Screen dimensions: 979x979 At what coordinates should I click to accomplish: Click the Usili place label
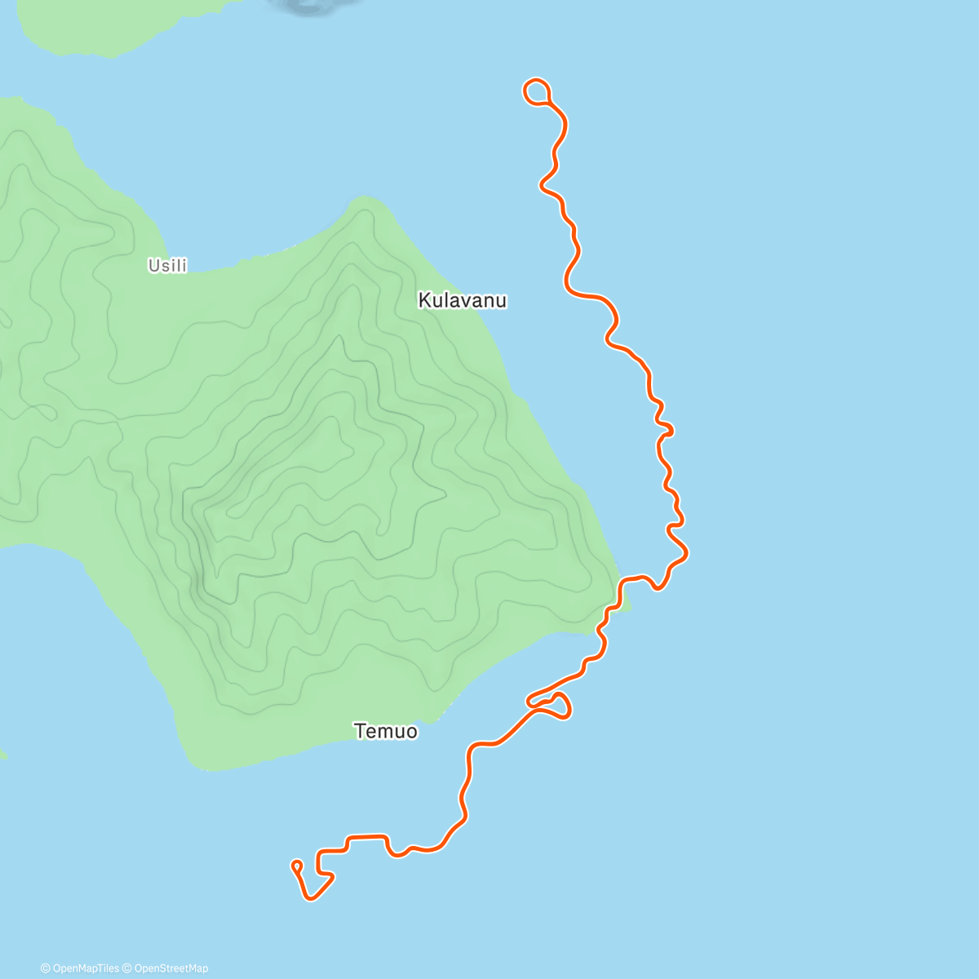167,265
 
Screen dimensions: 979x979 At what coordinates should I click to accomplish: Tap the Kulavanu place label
462,300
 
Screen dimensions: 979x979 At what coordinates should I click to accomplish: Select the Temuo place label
386,731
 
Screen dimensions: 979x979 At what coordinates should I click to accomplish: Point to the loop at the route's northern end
536,91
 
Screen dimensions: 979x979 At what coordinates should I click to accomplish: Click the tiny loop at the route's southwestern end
297,865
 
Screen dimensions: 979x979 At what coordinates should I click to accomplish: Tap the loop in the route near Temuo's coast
559,706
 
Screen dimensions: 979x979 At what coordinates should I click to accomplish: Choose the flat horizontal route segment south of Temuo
367,836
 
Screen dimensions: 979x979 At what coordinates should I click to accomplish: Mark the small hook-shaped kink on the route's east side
667,429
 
